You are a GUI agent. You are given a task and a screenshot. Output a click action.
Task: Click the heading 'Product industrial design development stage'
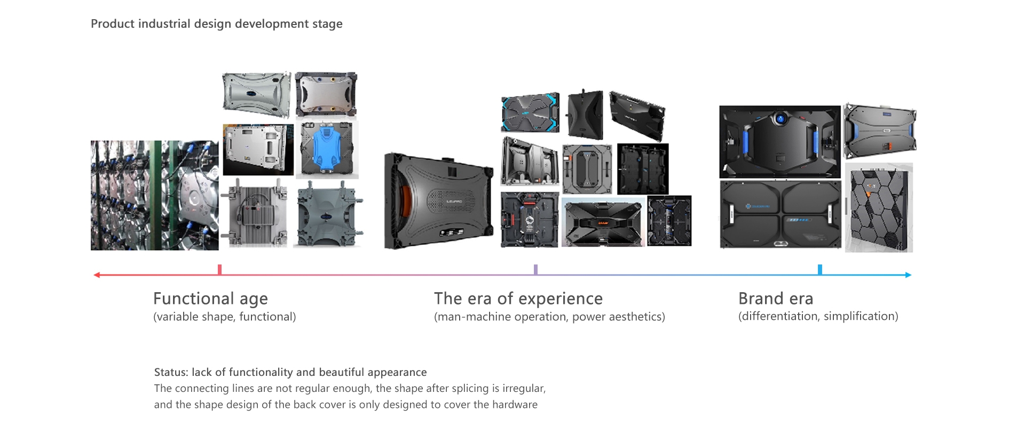[216, 24]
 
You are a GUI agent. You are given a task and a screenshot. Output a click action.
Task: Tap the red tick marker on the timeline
[219, 270]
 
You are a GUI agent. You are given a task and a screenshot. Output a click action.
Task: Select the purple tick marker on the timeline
[535, 270]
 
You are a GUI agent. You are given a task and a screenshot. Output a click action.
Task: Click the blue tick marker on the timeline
[819, 270]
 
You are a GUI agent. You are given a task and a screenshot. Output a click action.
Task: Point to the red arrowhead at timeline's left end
[97, 275]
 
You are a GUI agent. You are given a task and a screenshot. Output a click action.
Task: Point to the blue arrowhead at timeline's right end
[908, 275]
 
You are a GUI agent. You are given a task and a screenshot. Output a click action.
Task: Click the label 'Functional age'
[210, 299]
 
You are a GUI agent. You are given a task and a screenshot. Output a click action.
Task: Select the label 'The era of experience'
[518, 299]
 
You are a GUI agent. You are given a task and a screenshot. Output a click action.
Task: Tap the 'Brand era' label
[775, 299]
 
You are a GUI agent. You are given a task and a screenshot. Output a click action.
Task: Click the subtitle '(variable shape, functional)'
[224, 317]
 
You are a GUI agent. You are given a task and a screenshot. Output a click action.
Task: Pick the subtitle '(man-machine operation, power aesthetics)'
[549, 317]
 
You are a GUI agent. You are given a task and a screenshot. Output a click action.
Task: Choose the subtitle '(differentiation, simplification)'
[818, 316]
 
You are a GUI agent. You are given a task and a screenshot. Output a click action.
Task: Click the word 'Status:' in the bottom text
[171, 372]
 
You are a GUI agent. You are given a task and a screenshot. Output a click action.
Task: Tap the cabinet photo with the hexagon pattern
[879, 208]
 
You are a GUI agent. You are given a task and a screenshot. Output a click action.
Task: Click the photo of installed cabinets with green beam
[154, 195]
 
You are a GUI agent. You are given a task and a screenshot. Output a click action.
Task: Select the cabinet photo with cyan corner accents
[530, 113]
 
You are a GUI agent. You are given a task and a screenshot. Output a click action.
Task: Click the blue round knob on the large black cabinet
[781, 118]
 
